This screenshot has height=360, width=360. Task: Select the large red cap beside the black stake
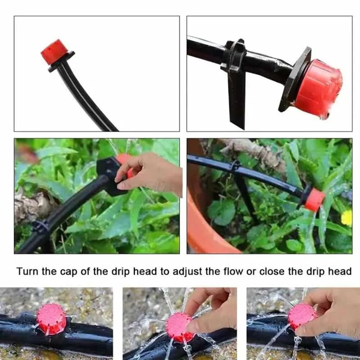pos(318,88)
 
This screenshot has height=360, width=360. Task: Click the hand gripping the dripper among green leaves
pos(151,173)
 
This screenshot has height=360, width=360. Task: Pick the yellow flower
pos(346,218)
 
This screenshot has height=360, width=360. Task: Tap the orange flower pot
pos(205,223)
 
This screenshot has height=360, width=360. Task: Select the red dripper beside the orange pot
pos(314,200)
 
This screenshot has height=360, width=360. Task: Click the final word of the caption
pos(339,271)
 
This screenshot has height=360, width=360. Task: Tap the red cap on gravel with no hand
pos(51,319)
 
